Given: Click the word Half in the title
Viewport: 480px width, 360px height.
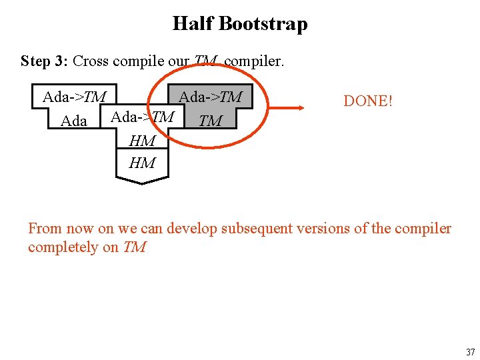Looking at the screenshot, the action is tap(193, 24).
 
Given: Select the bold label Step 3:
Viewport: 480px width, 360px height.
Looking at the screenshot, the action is tap(45, 61).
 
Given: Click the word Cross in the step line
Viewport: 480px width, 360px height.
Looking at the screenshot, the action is tap(91, 61).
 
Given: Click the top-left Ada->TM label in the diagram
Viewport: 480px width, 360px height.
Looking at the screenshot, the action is tap(74, 97).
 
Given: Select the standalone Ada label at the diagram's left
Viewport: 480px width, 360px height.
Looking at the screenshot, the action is tap(74, 121).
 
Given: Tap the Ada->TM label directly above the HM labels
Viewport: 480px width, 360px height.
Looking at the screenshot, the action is tap(142, 117).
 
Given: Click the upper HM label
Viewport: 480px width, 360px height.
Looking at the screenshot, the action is tap(142, 141).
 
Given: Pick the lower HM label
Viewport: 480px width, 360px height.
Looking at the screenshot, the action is tap(142, 163).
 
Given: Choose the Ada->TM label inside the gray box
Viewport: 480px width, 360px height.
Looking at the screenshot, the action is tap(210, 97).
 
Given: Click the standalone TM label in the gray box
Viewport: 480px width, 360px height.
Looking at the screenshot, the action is tap(211, 121).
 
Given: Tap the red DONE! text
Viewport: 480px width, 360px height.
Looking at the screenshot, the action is tap(368, 101).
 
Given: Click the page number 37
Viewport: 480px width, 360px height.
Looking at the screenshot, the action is tap(470, 352).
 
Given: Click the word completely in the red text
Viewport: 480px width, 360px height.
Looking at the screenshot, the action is tap(63, 247).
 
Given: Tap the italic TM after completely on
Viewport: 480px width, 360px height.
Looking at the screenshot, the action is tap(134, 247).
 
